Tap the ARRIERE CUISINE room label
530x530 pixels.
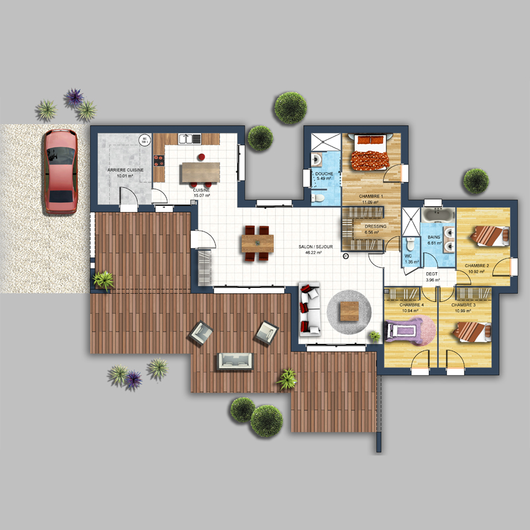pos(125,173)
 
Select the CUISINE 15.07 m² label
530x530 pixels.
pos(201,193)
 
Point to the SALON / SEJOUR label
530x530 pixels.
pos(310,249)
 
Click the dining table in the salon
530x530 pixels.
pos(257,243)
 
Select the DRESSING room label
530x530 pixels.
pos(375,229)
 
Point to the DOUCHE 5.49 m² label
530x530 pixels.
pos(324,176)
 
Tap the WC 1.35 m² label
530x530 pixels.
pos(411,258)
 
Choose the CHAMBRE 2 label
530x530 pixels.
pos(476,267)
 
